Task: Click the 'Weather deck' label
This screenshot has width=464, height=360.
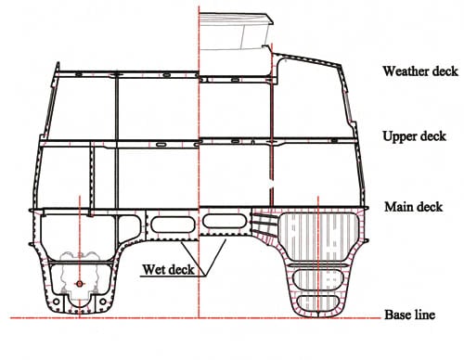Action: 418,71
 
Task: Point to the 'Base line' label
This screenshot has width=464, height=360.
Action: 409,315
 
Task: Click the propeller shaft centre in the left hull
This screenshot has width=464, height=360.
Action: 81,283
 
